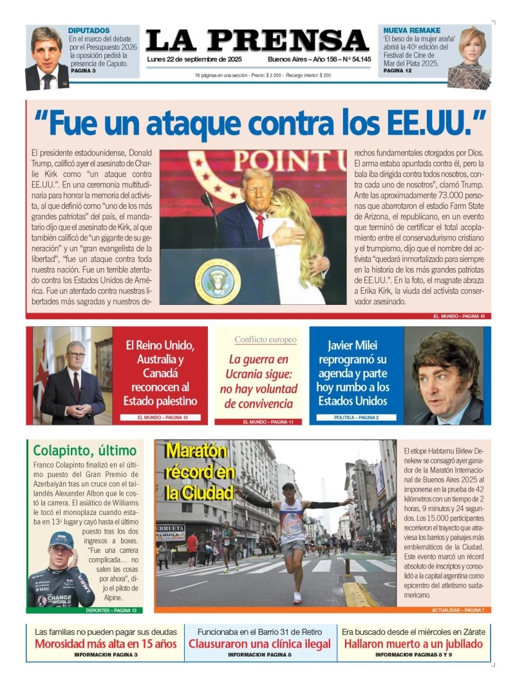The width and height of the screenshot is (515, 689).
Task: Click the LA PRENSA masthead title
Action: click(257, 41)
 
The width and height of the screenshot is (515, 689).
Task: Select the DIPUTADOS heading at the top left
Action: click(89, 30)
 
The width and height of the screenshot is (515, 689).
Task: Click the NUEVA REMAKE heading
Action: click(412, 30)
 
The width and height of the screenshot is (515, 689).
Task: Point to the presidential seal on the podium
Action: click(218, 280)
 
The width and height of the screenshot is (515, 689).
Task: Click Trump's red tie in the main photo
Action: click(260, 226)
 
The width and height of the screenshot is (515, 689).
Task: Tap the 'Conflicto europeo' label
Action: click(265, 340)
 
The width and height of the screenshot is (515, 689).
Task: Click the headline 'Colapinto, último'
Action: click(84, 451)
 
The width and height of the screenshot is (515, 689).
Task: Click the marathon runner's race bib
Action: click(293, 528)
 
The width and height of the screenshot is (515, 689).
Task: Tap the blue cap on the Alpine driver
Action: click(61, 539)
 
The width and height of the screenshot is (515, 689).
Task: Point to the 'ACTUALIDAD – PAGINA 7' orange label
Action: click(457, 610)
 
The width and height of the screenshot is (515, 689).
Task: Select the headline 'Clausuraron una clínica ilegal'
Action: click(259, 644)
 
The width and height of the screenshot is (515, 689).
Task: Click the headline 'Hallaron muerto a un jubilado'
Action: click(413, 644)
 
